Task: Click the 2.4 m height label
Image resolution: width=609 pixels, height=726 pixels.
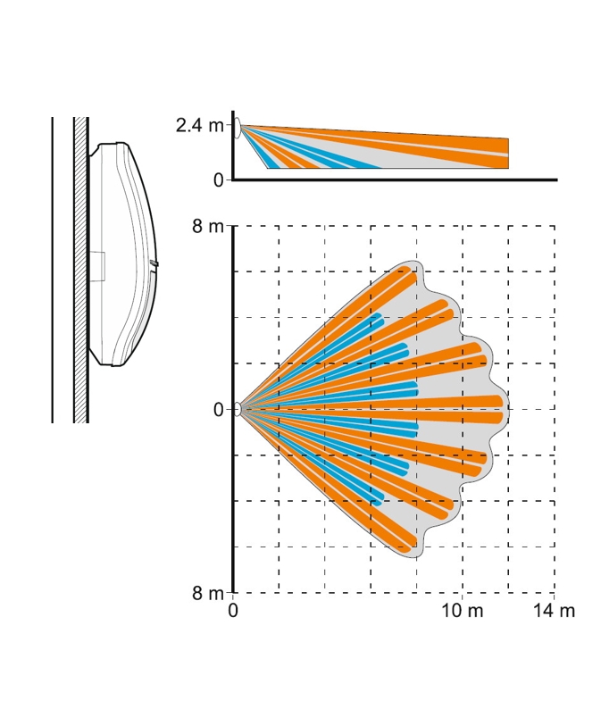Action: [x=200, y=126]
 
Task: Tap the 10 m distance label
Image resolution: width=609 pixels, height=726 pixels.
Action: [x=462, y=611]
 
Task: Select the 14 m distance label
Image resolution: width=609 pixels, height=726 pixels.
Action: [x=554, y=611]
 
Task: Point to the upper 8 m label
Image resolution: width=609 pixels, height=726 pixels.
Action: [x=208, y=227]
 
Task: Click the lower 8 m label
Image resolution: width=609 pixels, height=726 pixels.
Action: [x=208, y=593]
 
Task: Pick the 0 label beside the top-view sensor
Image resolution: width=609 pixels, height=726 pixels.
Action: [x=219, y=410]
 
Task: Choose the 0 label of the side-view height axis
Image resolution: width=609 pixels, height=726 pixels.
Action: [x=219, y=180]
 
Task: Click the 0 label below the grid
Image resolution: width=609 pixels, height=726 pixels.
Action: [x=233, y=611]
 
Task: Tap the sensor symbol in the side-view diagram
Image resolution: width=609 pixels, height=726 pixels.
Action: [x=238, y=128]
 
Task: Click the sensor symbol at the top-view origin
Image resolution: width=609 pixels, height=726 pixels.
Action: [x=238, y=409]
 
